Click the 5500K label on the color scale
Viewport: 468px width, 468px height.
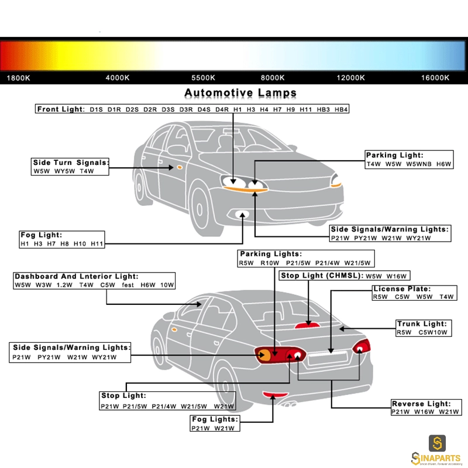coord(203,78)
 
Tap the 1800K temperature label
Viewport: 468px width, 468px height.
coord(19,78)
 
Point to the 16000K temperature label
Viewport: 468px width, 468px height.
coord(435,78)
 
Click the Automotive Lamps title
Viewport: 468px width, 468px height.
coord(240,93)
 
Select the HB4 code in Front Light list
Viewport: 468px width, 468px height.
coord(341,109)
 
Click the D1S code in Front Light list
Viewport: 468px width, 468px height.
coord(96,109)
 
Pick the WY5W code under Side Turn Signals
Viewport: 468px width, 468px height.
coord(64,171)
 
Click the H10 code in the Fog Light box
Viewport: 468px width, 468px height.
coord(80,244)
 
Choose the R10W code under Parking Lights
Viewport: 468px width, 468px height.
coord(270,263)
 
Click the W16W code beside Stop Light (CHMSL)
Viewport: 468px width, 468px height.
coord(397,276)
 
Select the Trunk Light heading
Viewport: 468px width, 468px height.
coord(422,324)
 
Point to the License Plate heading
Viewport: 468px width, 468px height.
coord(402,289)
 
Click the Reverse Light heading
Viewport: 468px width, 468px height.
coord(421,404)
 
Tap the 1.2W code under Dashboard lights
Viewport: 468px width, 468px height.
coord(64,285)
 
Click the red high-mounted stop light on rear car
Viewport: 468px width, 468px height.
coord(307,325)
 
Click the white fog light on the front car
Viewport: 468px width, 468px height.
coord(242,214)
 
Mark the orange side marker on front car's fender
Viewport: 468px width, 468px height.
coord(180,167)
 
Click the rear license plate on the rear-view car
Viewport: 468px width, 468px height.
coord(328,358)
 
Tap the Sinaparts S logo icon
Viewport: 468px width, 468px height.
coord(437,443)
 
